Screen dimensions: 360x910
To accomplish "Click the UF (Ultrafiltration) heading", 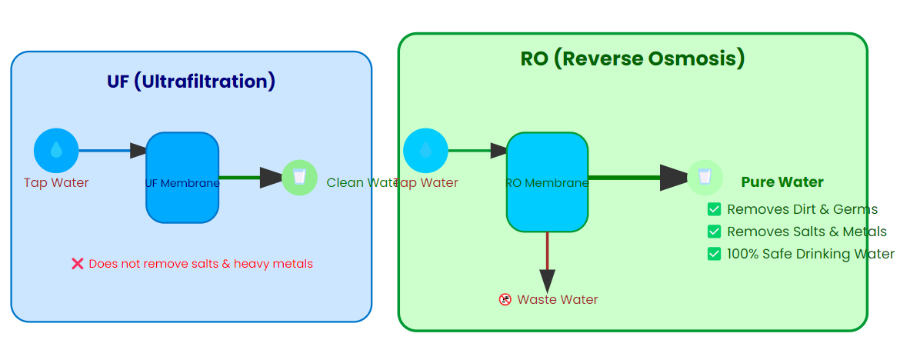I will (191, 82).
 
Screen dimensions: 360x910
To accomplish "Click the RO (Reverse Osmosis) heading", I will (632, 59).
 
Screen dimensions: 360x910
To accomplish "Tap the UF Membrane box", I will (182, 178).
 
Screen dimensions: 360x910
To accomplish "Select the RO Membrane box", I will (547, 182).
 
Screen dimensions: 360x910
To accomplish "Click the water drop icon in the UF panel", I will (56, 151).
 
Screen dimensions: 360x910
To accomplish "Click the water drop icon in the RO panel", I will (425, 151).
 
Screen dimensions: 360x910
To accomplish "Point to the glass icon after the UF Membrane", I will (299, 178).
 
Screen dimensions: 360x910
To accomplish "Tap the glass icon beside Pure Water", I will (704, 178).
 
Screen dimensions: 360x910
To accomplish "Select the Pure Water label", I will (782, 182).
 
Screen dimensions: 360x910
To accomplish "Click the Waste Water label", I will (557, 299).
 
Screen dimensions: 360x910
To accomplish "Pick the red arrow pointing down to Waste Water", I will (547, 262).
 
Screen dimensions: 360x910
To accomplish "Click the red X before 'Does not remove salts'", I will (78, 264).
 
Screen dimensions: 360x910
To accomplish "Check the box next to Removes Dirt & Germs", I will (715, 209).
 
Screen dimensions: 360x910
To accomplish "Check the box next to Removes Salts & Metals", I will (715, 232).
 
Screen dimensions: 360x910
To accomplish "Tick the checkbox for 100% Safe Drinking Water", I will (715, 254).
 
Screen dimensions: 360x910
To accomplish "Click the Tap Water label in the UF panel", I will (56, 183).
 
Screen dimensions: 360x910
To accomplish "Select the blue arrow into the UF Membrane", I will (112, 151).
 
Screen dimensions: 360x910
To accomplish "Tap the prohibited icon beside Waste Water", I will (505, 299).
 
